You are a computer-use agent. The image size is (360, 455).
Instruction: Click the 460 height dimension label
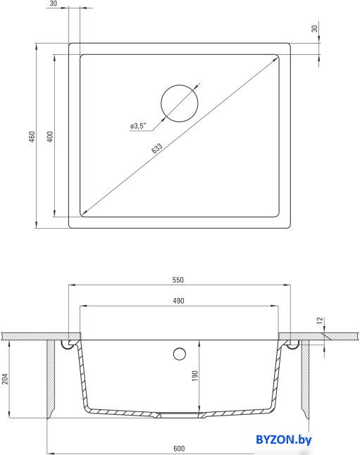click(x=32, y=137)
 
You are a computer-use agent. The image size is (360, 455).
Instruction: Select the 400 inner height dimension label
click(x=50, y=137)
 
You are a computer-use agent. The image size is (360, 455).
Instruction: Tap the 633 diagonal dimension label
click(x=157, y=148)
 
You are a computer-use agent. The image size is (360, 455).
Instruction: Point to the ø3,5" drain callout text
click(x=138, y=126)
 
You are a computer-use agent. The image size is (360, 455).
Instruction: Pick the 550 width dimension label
click(x=178, y=280)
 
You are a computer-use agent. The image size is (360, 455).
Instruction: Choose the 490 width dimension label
click(x=178, y=301)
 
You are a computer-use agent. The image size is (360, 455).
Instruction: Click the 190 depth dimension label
click(x=195, y=375)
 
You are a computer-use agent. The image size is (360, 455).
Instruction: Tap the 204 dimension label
click(x=5, y=379)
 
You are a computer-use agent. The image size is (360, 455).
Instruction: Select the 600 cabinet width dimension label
click(x=179, y=449)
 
